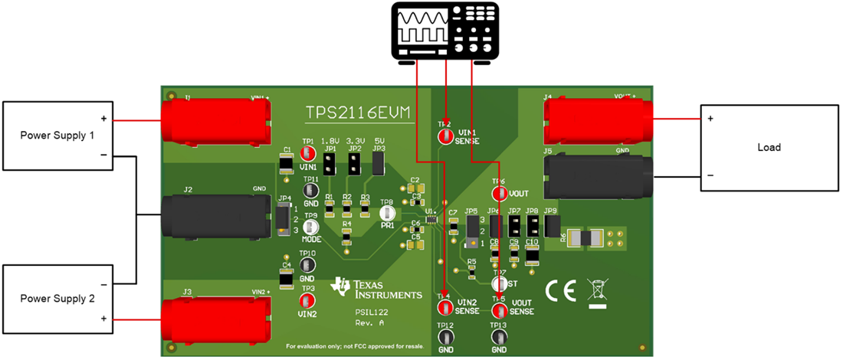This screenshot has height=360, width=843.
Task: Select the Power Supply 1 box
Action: click(58, 136)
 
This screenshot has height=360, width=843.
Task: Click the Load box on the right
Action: click(768, 146)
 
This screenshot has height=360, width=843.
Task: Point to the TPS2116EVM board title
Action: click(358, 113)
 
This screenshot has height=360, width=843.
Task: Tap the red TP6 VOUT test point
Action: click(500, 193)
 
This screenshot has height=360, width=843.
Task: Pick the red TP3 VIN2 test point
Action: click(308, 300)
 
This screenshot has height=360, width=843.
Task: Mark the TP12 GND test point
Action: click(444, 338)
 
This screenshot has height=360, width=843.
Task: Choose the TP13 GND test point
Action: click(499, 338)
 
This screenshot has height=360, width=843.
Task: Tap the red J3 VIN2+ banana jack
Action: click(218, 317)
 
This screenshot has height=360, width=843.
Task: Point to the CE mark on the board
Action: click(560, 291)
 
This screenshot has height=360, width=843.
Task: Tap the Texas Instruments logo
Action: click(376, 288)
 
